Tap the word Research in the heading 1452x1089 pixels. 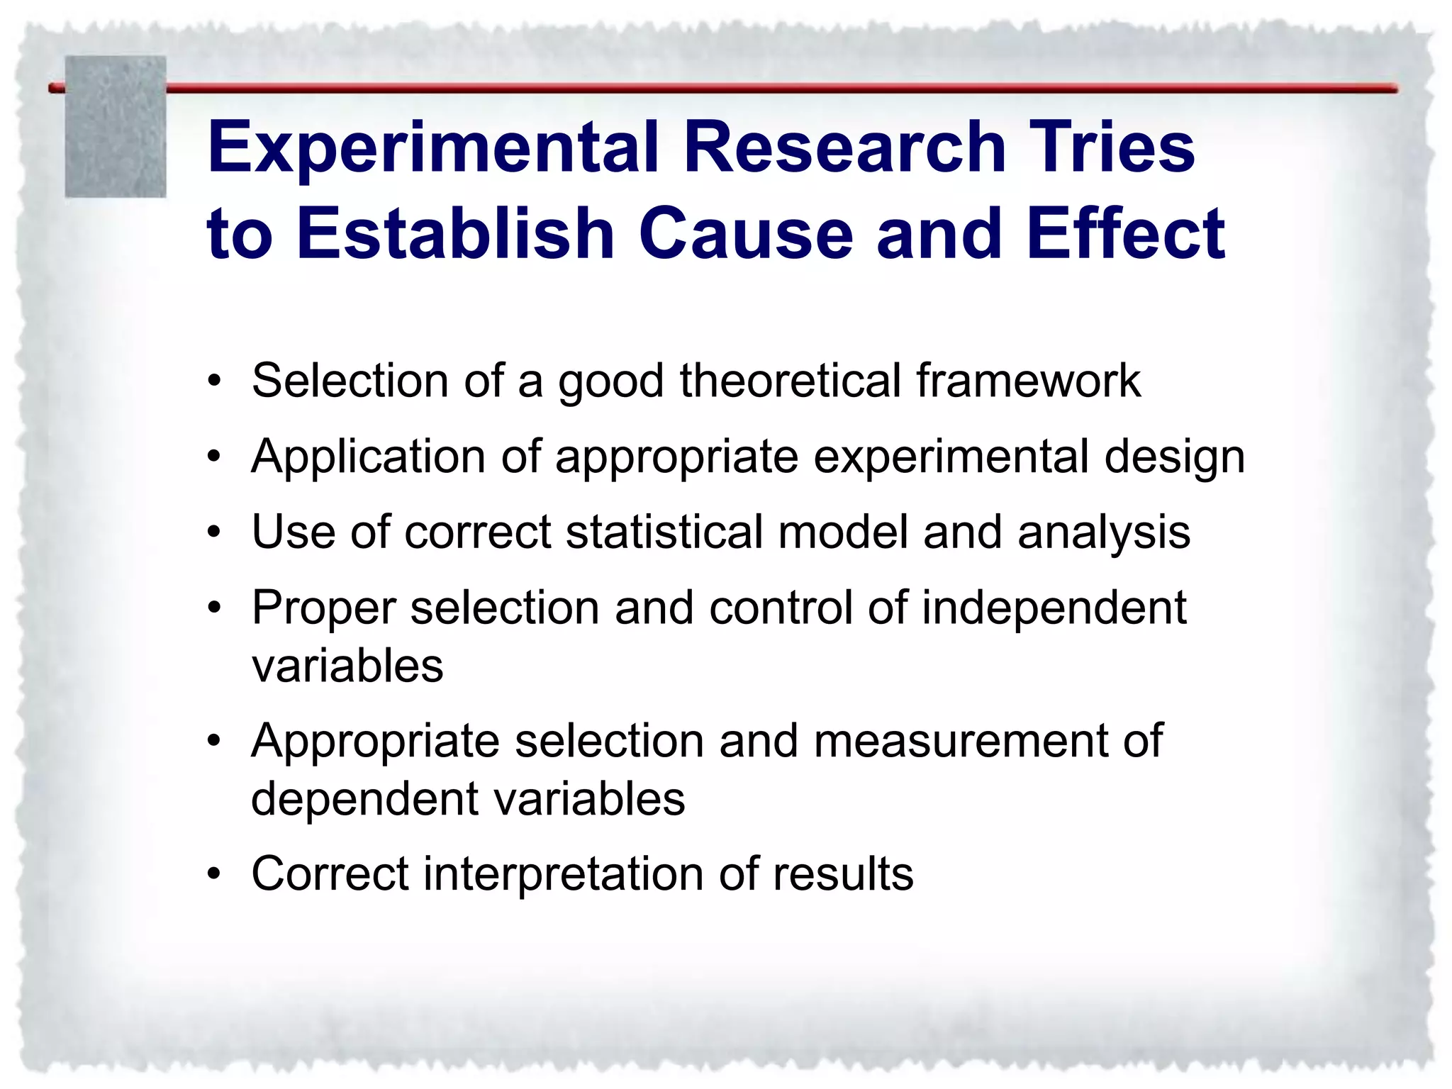(844, 147)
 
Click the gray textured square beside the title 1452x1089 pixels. (116, 126)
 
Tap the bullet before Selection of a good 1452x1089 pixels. (214, 382)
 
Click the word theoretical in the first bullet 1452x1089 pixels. (791, 381)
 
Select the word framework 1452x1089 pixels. (1028, 381)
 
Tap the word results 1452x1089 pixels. (843, 874)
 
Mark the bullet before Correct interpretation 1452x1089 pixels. (214, 874)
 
